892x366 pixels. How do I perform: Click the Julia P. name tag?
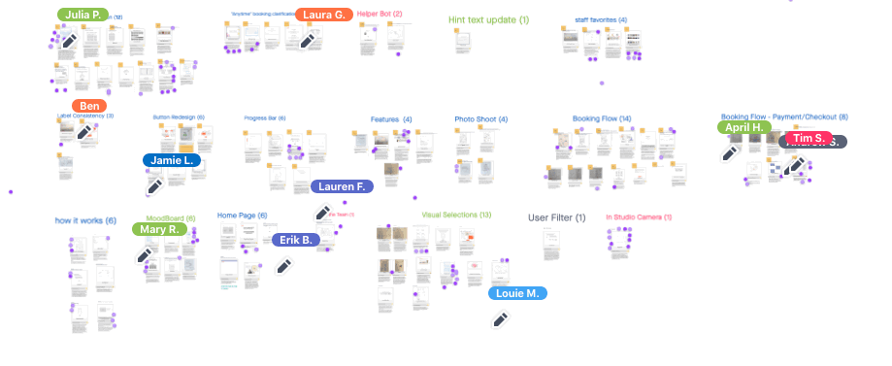tap(84, 15)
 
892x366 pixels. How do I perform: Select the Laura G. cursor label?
tap(323, 15)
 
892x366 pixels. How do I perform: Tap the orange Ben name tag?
tap(89, 106)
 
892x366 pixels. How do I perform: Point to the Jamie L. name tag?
tap(172, 160)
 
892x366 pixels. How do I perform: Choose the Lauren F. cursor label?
tap(341, 186)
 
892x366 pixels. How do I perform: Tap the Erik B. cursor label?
tap(296, 239)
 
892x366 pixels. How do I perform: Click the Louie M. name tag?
tap(517, 293)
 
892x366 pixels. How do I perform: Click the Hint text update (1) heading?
tap(489, 19)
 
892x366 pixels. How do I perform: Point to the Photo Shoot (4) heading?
tap(481, 119)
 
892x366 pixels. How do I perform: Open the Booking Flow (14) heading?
tap(602, 118)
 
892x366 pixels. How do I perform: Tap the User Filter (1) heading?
tap(556, 217)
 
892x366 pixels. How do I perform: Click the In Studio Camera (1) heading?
tap(639, 217)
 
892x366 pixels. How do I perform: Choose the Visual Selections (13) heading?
tap(456, 215)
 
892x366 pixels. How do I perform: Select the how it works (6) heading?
tap(85, 220)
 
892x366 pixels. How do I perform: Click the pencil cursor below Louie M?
tap(501, 319)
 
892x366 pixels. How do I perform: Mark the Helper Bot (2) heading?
tap(380, 15)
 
